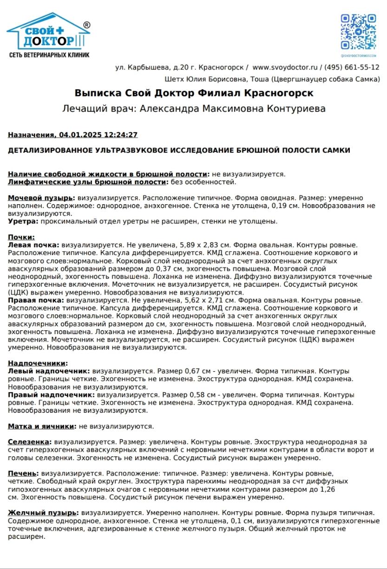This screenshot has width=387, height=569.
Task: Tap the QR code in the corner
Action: coord(358,32)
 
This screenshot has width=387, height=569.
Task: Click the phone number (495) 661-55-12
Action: coord(352,67)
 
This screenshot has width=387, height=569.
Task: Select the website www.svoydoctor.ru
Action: coord(285,67)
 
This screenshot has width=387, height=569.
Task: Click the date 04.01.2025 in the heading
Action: coord(77,135)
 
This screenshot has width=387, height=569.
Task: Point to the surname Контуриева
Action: coord(296,109)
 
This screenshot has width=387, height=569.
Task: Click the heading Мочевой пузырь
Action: coord(41,198)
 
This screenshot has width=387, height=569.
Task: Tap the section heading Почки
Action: coord(21,237)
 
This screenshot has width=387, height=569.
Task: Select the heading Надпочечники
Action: coord(38,363)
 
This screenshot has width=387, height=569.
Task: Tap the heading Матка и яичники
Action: coord(41,426)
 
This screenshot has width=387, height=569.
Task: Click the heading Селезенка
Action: coord(29,442)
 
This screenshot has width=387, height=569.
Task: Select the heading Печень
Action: coord(26,474)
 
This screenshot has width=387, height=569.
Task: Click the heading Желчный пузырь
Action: coord(42,513)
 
